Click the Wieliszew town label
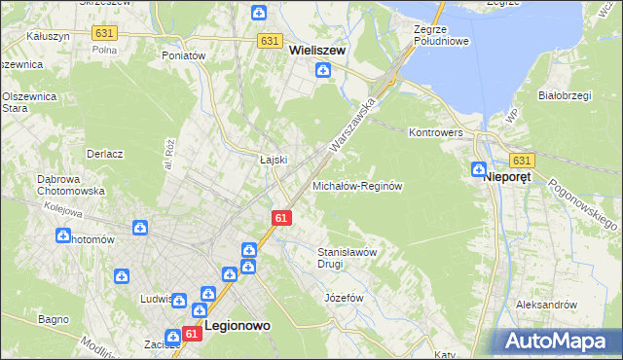(x=317, y=52)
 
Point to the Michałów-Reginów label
(x=357, y=185)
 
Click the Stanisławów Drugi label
(x=347, y=257)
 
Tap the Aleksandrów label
(x=547, y=305)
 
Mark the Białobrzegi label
(x=566, y=95)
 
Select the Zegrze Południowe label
(x=442, y=36)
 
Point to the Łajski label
(x=272, y=160)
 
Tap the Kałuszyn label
(x=48, y=35)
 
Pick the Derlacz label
(x=104, y=154)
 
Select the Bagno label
(x=53, y=319)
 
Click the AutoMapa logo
(x=561, y=341)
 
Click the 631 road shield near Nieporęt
(x=522, y=160)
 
